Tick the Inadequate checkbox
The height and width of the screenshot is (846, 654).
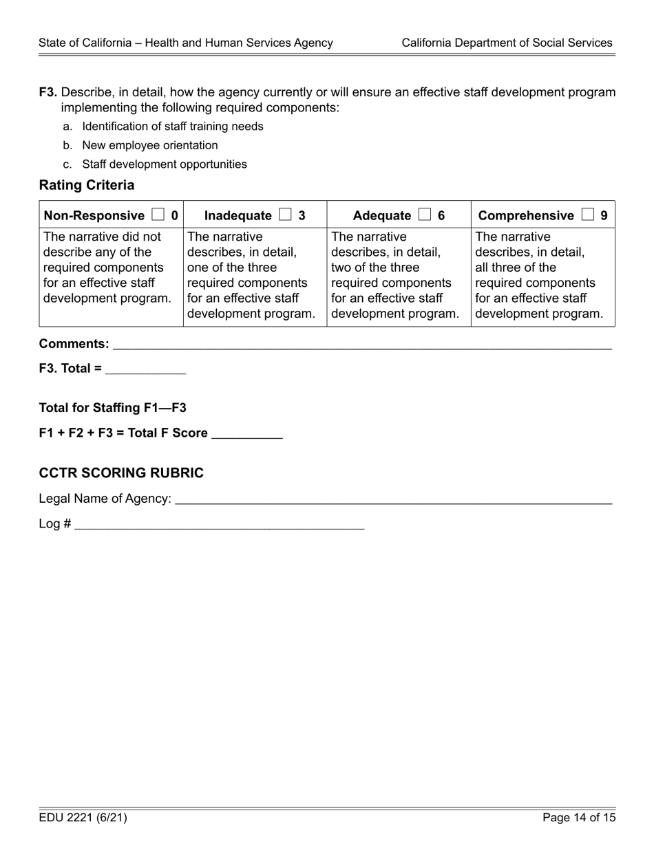pyautogui.click(x=285, y=215)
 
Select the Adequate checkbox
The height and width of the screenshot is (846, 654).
pyautogui.click(x=424, y=215)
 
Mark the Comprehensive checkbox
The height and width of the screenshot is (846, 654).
pyautogui.click(x=587, y=215)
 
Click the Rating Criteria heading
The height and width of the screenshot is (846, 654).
pyautogui.click(x=87, y=185)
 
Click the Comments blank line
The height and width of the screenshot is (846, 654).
pyautogui.click(x=361, y=345)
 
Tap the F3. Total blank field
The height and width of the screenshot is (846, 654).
pyautogui.click(x=145, y=370)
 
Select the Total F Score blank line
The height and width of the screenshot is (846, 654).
pyautogui.click(x=246, y=435)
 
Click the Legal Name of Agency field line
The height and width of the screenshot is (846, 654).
pyautogui.click(x=393, y=500)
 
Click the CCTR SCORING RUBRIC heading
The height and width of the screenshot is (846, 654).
pyautogui.click(x=121, y=473)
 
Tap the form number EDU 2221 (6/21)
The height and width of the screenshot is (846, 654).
pyautogui.click(x=83, y=818)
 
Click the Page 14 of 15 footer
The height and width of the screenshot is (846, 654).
pyautogui.click(x=578, y=818)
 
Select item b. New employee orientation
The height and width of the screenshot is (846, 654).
pyautogui.click(x=149, y=145)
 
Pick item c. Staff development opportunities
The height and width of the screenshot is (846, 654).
pyautogui.click(x=164, y=164)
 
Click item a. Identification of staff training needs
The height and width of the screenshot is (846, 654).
pyautogui.click(x=172, y=127)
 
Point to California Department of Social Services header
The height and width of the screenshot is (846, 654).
pyautogui.click(x=507, y=43)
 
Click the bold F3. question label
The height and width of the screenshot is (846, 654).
pyautogui.click(x=48, y=92)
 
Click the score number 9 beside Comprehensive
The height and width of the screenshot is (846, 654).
pyautogui.click(x=604, y=215)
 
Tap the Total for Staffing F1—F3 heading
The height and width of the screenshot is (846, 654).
pyautogui.click(x=113, y=408)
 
